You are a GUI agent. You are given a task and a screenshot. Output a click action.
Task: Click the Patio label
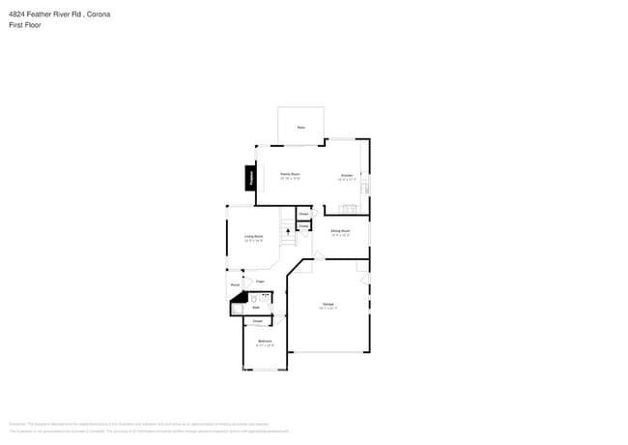300,128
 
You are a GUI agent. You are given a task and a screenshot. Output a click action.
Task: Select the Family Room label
290,174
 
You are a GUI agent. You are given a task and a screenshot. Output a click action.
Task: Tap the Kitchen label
347,176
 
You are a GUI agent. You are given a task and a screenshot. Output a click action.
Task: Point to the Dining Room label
340,231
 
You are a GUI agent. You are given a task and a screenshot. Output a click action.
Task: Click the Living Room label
253,236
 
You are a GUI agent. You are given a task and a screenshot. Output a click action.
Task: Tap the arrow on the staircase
288,231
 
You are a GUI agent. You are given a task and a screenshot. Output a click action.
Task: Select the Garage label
328,305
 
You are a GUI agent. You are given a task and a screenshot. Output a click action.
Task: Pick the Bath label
257,308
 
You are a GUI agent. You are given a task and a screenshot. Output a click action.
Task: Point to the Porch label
235,285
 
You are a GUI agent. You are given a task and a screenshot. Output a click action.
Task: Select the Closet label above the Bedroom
257,321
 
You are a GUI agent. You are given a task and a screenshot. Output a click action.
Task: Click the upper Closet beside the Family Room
303,213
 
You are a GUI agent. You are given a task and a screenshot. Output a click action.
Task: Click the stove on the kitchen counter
349,209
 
